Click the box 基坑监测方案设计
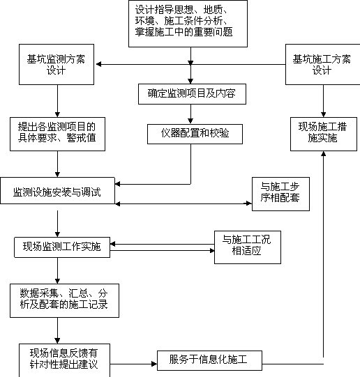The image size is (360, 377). [x=57, y=64]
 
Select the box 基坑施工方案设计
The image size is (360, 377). [x=323, y=64]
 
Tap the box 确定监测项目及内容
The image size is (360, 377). [x=192, y=94]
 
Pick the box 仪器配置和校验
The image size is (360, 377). [x=195, y=134]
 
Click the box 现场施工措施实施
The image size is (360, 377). [x=324, y=134]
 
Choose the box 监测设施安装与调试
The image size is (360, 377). [x=57, y=191]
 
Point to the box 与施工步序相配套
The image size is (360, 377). [x=280, y=194]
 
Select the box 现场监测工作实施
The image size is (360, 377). [x=62, y=247]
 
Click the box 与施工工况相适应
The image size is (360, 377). [x=248, y=247]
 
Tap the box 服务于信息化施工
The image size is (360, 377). [x=209, y=360]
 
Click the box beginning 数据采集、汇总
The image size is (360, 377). [x=64, y=300]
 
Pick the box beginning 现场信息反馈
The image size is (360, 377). [x=64, y=360]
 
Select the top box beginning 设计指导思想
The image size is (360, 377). [x=188, y=24]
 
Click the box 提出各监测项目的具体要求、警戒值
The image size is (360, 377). [x=57, y=134]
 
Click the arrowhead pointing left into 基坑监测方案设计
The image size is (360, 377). [x=98, y=64]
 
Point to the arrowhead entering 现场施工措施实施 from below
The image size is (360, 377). [x=324, y=153]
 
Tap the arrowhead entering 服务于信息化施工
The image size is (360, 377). [x=154, y=364]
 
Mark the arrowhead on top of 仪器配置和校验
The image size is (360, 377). [x=190, y=121]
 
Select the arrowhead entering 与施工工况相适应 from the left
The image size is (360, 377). [x=212, y=251]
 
